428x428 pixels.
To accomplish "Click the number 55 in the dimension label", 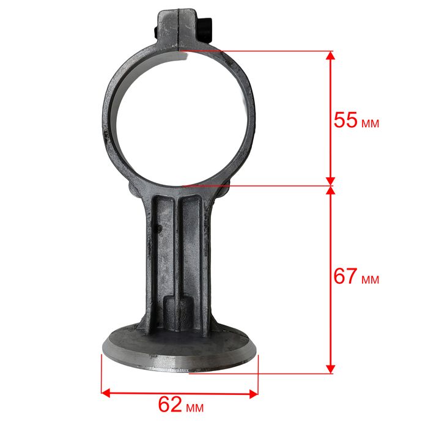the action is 345,120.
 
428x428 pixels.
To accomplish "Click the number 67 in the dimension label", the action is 345,276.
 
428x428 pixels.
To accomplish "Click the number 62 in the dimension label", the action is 170,404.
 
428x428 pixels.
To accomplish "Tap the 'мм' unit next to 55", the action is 371,124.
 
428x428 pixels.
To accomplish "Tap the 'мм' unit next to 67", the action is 371,280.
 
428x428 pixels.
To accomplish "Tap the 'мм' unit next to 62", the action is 195,408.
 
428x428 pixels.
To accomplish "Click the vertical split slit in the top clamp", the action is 178,29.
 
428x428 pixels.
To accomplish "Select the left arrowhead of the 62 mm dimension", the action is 106,393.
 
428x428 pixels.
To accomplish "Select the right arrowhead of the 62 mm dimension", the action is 254,394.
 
